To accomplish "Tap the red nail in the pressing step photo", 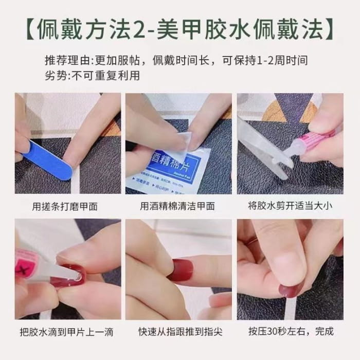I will (x=291, y=291).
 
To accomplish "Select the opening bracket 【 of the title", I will (x=30, y=31).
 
